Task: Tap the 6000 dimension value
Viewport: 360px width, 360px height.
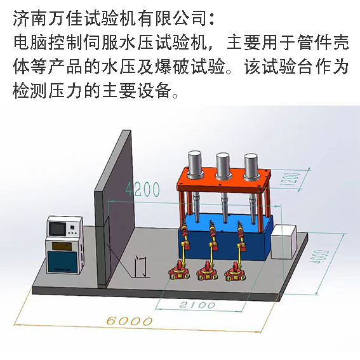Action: [x=130, y=321]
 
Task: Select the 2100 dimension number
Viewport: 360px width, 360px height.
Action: [x=197, y=305]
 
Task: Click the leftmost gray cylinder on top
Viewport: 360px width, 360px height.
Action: [x=195, y=163]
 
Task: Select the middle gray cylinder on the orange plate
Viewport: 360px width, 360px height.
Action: [x=223, y=164]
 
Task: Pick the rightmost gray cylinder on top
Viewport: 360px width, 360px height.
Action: [x=251, y=165]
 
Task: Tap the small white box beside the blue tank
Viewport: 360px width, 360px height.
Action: [x=284, y=242]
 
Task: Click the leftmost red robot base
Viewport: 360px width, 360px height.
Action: [x=180, y=271]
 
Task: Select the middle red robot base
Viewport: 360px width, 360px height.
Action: [x=208, y=272]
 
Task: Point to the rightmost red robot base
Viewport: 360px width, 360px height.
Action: [x=236, y=272]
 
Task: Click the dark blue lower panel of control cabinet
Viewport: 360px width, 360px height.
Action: [x=62, y=262]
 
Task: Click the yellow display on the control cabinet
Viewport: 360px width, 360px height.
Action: [x=62, y=246]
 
